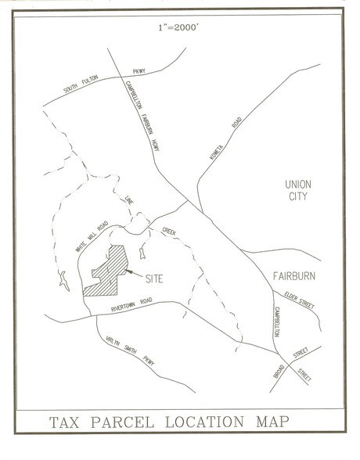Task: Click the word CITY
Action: click(x=298, y=197)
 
